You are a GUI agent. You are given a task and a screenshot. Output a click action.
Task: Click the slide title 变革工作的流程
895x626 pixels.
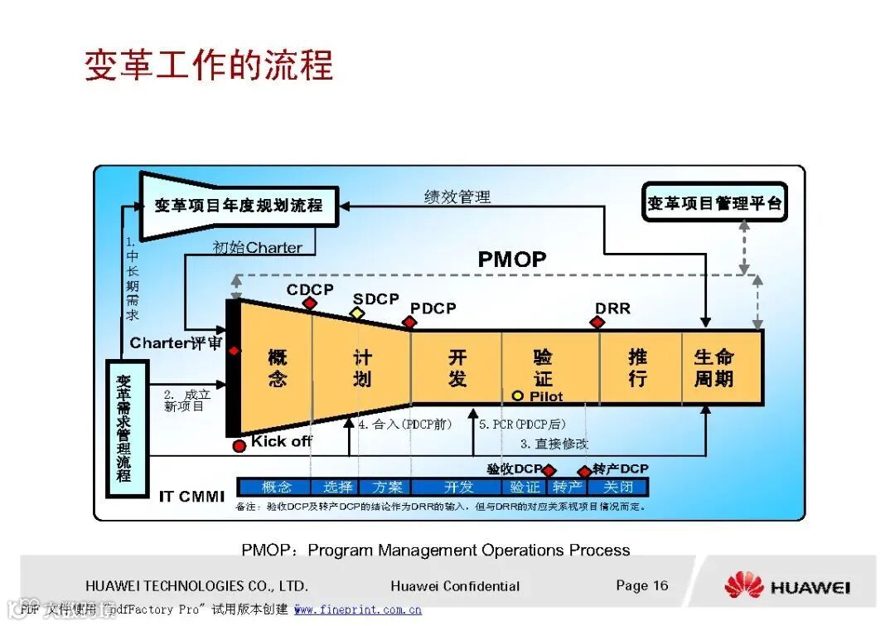209,65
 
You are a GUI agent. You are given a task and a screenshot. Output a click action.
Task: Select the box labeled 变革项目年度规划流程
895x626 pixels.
239,204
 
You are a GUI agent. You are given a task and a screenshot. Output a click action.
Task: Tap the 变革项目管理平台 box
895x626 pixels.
714,202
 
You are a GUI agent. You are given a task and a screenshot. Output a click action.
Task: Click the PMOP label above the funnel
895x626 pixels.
511,260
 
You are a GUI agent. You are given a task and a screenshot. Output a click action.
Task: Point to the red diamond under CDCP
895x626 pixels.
310,303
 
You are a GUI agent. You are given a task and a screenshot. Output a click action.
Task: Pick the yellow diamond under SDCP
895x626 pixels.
357,313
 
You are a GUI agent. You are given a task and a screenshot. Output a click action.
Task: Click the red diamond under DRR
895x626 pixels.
597,322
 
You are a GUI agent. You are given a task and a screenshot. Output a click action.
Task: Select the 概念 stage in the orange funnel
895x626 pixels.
277,368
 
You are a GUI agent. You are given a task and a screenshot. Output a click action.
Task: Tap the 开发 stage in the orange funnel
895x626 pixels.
457,368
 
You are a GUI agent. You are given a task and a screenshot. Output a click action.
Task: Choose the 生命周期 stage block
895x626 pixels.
714,368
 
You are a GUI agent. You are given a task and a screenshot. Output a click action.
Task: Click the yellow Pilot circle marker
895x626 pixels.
518,396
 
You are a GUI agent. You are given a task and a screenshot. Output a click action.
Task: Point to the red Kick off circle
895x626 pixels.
239,445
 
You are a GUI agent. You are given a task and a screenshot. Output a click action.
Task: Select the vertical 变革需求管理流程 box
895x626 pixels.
124,428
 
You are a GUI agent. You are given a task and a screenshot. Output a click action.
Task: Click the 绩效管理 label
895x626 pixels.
457,197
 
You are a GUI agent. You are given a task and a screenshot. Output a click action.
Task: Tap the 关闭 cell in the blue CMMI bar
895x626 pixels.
618,487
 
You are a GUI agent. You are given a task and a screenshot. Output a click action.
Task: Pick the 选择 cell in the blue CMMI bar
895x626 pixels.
338,487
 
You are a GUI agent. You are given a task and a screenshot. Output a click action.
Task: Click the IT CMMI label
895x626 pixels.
191,497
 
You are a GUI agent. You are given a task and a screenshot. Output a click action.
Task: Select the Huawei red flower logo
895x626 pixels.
743,585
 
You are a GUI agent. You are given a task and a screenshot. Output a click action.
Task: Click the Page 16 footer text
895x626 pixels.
641,585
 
